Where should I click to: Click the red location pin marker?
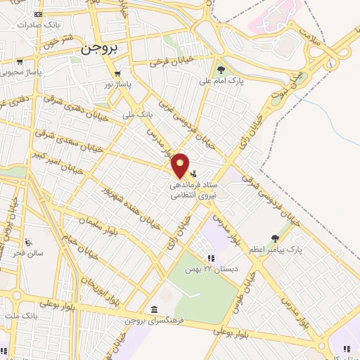point(181,166)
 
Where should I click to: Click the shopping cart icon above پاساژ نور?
point(118,72)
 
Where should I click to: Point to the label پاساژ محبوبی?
point(22,71)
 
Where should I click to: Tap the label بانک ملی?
point(137,113)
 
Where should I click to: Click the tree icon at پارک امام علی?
point(221,70)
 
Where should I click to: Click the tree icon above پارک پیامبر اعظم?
point(275,238)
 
